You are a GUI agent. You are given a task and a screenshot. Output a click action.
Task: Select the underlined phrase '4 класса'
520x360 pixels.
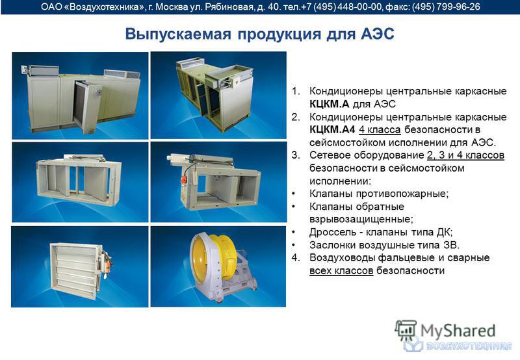coord(380,129)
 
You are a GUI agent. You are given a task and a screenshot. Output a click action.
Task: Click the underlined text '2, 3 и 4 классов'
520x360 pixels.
coord(465,155)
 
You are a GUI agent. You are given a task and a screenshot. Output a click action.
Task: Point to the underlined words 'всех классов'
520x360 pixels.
coord(341,270)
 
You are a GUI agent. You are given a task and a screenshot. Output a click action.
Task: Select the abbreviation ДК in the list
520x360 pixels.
coord(445,232)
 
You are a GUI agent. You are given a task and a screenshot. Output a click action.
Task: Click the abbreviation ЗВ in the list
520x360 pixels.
coord(450,245)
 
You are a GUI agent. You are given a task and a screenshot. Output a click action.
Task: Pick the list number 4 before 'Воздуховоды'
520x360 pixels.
coord(296,257)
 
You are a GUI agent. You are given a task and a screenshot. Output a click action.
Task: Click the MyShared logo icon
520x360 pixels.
coord(406,330)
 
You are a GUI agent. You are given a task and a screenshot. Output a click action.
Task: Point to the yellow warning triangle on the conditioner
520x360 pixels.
coord(237,81)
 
